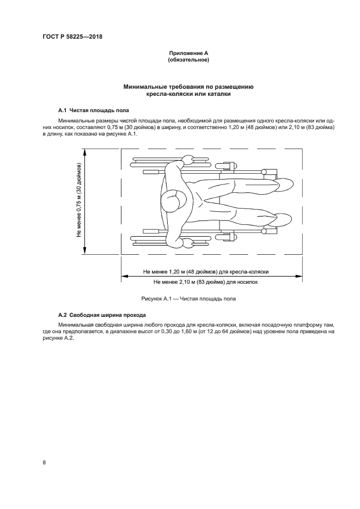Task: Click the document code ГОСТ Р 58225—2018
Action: [72, 37]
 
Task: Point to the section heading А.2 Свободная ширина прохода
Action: [103, 315]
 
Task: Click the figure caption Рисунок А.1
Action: [188, 299]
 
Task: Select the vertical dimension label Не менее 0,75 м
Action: [79, 200]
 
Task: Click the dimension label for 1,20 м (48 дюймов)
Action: [205, 271]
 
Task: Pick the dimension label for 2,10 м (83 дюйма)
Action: [205, 282]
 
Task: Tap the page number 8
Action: [44, 463]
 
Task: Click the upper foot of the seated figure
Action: [284, 186]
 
